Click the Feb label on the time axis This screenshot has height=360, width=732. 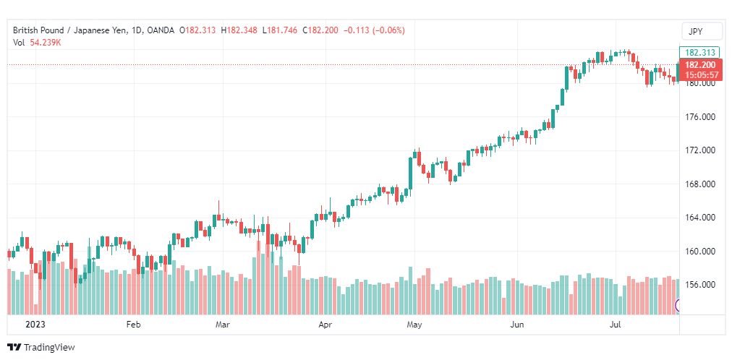(x=134, y=325)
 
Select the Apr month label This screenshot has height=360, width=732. (x=325, y=325)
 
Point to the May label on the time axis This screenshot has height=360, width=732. (x=414, y=325)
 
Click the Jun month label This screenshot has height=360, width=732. (x=516, y=325)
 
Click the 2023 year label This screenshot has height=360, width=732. (x=35, y=325)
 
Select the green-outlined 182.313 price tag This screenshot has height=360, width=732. (x=699, y=53)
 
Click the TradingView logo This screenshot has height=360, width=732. (x=41, y=347)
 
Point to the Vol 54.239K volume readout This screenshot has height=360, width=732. (x=37, y=43)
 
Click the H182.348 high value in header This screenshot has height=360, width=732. (x=239, y=30)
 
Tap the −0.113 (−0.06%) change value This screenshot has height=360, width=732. (x=375, y=30)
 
